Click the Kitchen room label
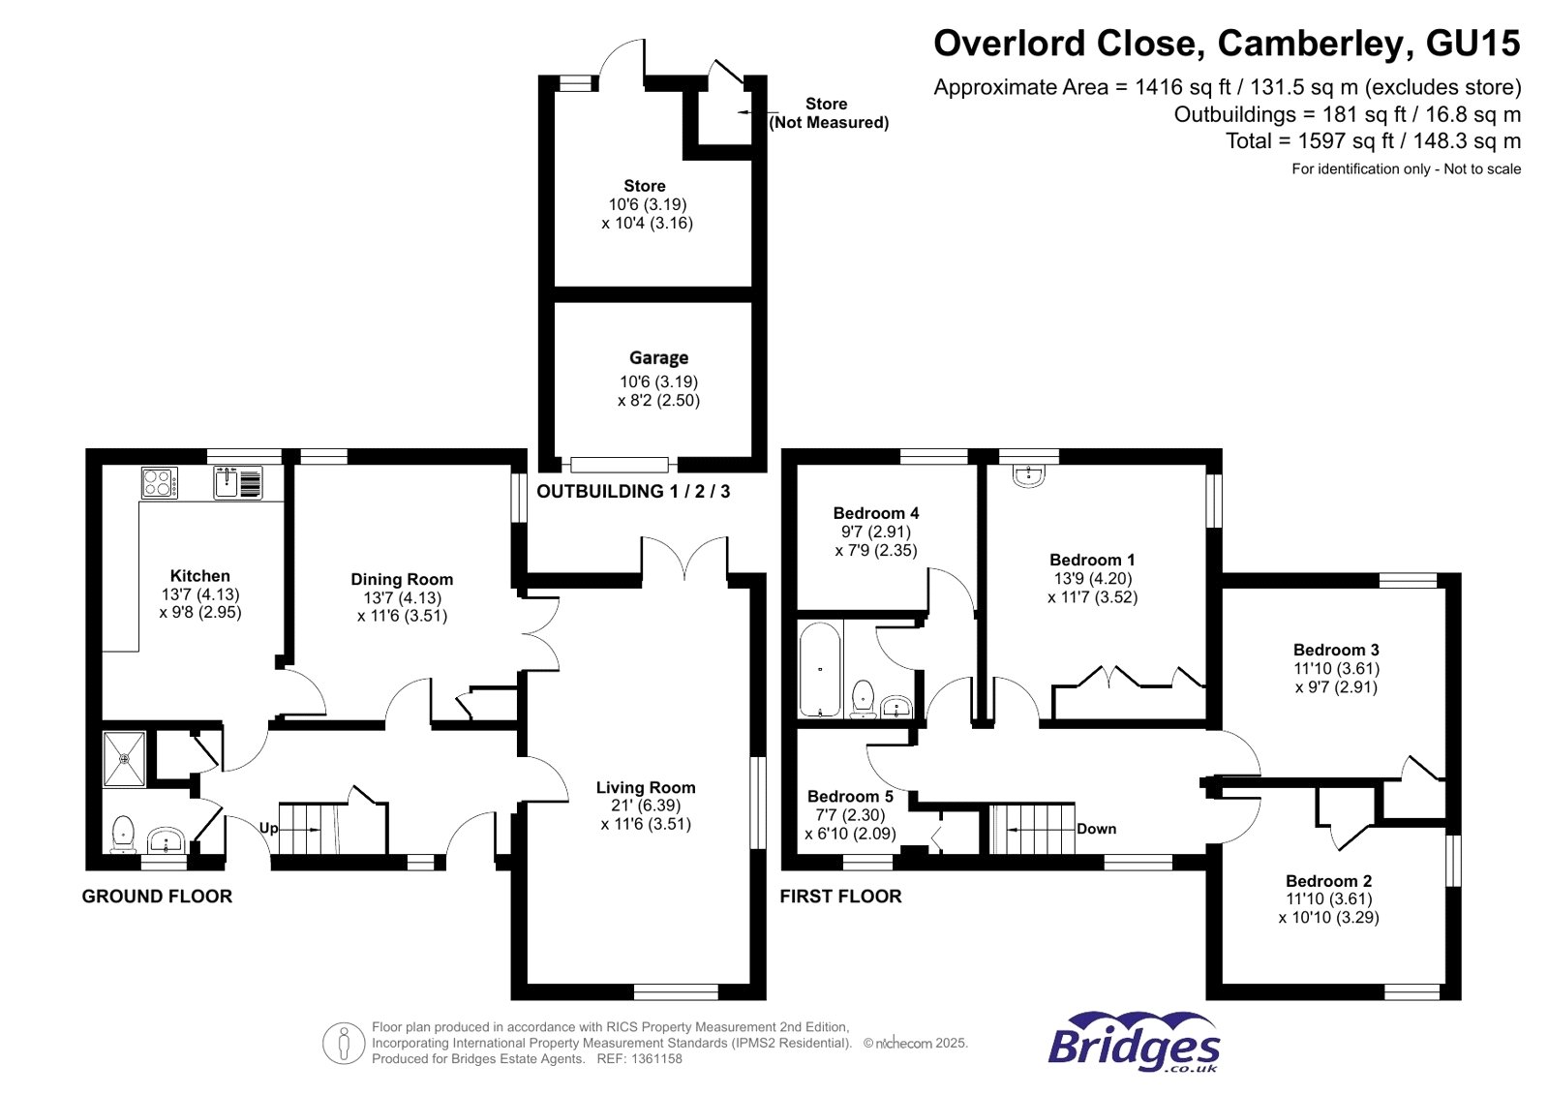(x=199, y=575)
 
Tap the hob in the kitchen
(x=160, y=482)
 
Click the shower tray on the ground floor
(x=125, y=759)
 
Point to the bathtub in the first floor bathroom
(x=820, y=669)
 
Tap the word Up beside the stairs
(x=268, y=828)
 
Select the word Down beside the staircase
(x=1096, y=829)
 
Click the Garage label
(x=658, y=357)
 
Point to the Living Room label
(x=646, y=787)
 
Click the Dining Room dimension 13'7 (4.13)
(x=402, y=597)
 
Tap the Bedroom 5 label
(x=850, y=796)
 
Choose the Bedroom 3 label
(x=1336, y=650)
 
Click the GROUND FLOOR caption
(x=157, y=897)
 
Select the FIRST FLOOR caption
(x=840, y=897)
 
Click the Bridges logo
(x=1134, y=1044)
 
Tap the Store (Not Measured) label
(x=828, y=112)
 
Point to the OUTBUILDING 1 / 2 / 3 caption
(x=633, y=491)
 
